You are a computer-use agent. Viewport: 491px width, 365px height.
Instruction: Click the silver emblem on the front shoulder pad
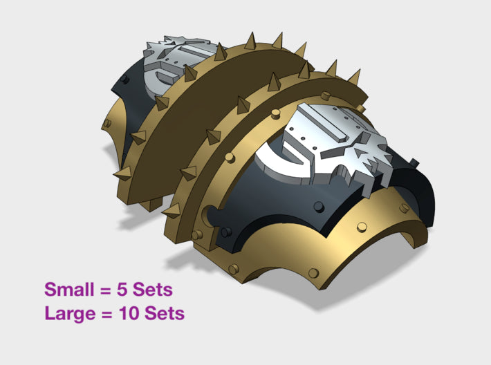325,145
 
